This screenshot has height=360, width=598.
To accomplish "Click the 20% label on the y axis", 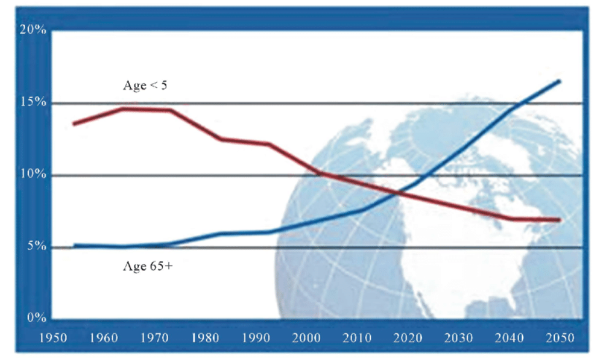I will click(x=33, y=30).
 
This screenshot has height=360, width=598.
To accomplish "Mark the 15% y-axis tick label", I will click(x=33, y=103).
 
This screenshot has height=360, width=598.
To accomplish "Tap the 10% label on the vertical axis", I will click(x=33, y=175).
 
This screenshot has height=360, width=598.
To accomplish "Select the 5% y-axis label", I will click(x=36, y=247).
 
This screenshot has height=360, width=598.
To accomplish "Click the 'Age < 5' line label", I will click(x=145, y=85).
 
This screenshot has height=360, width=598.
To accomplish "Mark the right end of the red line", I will click(x=559, y=220).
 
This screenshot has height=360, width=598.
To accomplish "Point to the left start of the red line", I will click(x=74, y=123).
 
